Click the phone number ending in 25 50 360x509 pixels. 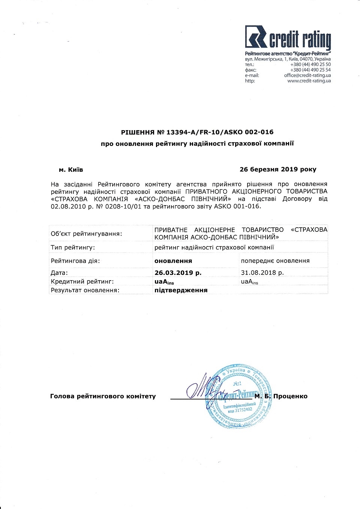[x=310, y=65]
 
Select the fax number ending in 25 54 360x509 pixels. [x=310, y=70]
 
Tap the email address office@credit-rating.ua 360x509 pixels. [x=307, y=75]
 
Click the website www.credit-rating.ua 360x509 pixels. [x=309, y=81]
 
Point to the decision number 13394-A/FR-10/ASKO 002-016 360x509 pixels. [x=220, y=132]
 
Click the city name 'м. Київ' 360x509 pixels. [x=71, y=170]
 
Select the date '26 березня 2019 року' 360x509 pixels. [x=278, y=170]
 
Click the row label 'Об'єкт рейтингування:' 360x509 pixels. [x=86, y=234]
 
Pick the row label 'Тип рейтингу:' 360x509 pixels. [x=73, y=248]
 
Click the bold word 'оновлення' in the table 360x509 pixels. [x=173, y=261]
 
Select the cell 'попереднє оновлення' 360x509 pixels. [x=275, y=261]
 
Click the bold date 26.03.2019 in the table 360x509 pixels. [x=178, y=273]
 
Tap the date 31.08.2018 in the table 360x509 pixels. [x=262, y=273]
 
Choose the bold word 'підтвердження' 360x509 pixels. [x=181, y=290]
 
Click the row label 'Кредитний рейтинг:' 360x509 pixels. [x=82, y=282]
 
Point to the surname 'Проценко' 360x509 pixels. [x=290, y=396]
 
